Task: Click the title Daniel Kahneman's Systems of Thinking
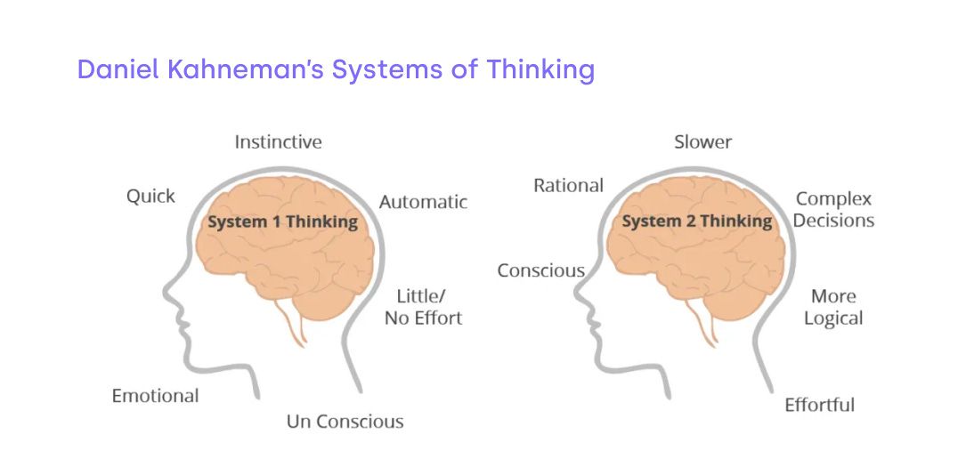336,69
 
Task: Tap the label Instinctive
278,141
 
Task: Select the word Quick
150,196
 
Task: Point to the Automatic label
423,202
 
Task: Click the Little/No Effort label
423,307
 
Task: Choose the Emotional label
155,396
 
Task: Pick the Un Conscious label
345,421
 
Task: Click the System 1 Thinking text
282,221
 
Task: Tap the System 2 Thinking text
696,221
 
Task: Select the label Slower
702,141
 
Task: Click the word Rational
568,185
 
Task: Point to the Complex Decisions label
833,209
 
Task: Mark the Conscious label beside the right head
540,270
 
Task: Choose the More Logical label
833,307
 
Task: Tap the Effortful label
819,405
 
